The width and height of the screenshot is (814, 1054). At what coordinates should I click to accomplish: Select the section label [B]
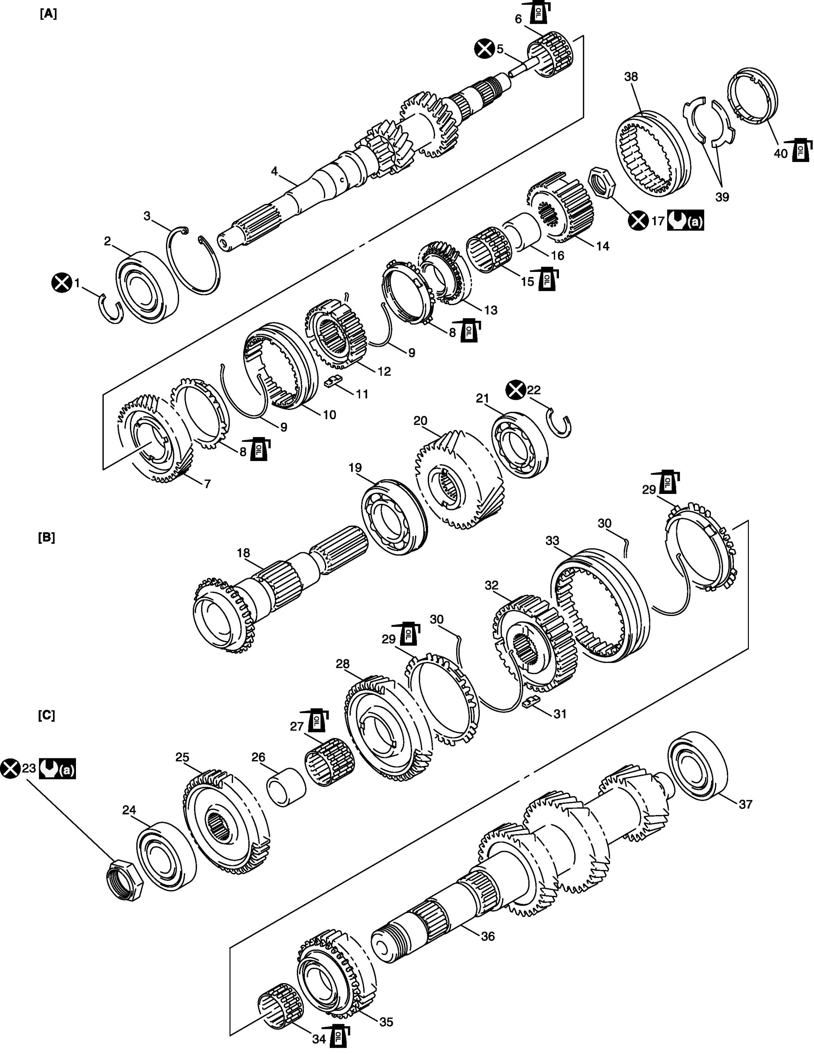tap(46, 538)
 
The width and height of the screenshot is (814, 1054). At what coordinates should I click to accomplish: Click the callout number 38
tap(631, 77)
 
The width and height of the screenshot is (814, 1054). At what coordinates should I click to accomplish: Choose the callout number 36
tap(488, 936)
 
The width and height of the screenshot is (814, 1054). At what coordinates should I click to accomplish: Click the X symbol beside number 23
tap(10, 768)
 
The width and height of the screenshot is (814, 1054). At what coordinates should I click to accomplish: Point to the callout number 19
tap(355, 468)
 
